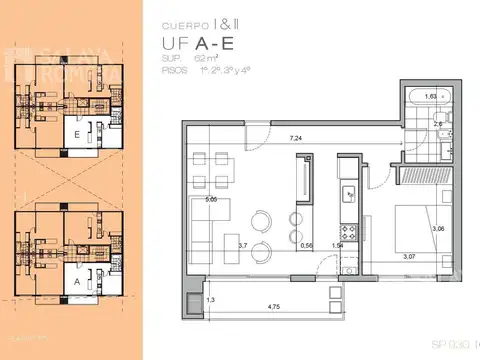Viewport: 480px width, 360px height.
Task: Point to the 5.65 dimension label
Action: click(x=210, y=199)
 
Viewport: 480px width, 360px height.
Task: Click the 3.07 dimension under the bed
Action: click(x=409, y=257)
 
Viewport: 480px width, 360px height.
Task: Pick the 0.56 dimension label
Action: click(x=306, y=244)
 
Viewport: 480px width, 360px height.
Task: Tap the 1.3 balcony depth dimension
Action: click(x=210, y=299)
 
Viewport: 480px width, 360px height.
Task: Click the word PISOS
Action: click(x=176, y=72)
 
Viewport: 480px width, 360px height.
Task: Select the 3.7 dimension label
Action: click(x=242, y=244)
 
